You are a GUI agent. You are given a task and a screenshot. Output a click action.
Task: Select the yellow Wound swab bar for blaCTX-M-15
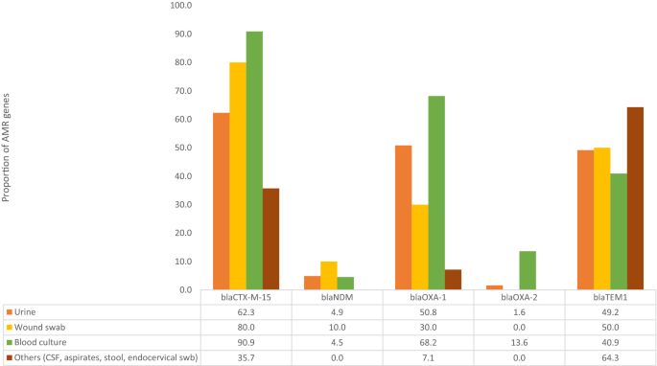click(x=237, y=176)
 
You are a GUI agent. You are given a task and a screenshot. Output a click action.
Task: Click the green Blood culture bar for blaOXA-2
click(x=527, y=270)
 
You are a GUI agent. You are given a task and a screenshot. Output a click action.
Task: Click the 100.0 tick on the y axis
click(x=180, y=6)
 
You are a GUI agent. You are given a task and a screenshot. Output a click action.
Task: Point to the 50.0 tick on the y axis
click(x=182, y=148)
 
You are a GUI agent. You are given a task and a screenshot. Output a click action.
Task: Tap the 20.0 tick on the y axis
click(x=182, y=233)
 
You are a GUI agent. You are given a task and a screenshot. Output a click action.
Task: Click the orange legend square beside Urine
click(x=9, y=312)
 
